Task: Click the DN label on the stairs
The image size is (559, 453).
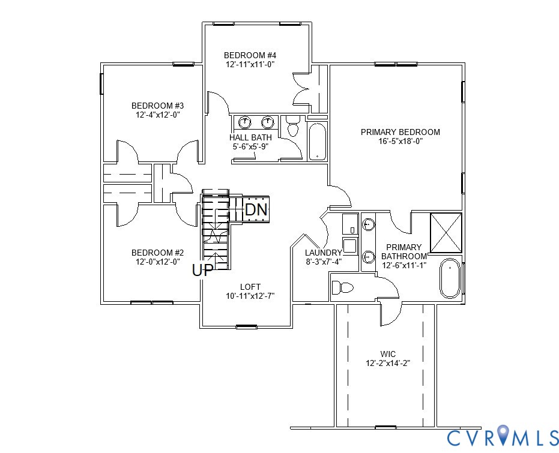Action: tap(256, 210)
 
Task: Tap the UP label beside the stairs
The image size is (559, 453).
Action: tap(202, 271)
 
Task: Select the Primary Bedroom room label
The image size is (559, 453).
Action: tap(400, 132)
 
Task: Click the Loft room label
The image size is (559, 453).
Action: tap(250, 287)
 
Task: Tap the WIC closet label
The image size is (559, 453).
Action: tap(388, 354)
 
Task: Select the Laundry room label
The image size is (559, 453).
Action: tap(323, 253)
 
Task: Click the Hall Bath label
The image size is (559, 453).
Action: tap(250, 137)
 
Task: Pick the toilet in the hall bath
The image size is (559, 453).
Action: tap(293, 127)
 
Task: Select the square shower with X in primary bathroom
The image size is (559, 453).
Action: tap(446, 232)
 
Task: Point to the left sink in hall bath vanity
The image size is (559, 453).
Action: tap(244, 123)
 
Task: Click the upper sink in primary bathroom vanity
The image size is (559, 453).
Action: tap(368, 225)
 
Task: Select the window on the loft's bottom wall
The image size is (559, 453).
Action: tap(246, 327)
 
